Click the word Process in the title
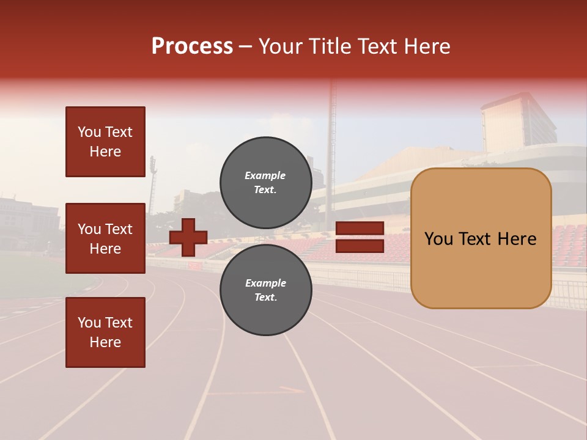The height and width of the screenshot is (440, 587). pyautogui.click(x=192, y=46)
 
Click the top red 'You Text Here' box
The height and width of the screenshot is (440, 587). pyautogui.click(x=105, y=142)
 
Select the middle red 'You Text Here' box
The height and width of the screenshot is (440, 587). pyautogui.click(x=105, y=238)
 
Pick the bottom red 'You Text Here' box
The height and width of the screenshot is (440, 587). pyautogui.click(x=105, y=332)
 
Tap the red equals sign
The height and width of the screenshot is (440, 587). pyautogui.click(x=360, y=238)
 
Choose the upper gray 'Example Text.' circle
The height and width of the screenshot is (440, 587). pyautogui.click(x=265, y=182)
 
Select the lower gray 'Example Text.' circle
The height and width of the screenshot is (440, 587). pyautogui.click(x=265, y=290)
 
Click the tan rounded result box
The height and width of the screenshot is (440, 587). pyautogui.click(x=481, y=238)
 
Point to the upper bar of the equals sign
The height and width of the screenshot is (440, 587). pyautogui.click(x=360, y=229)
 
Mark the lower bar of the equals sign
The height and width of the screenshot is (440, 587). pyautogui.click(x=360, y=246)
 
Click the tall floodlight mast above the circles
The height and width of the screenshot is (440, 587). pyautogui.click(x=333, y=122)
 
